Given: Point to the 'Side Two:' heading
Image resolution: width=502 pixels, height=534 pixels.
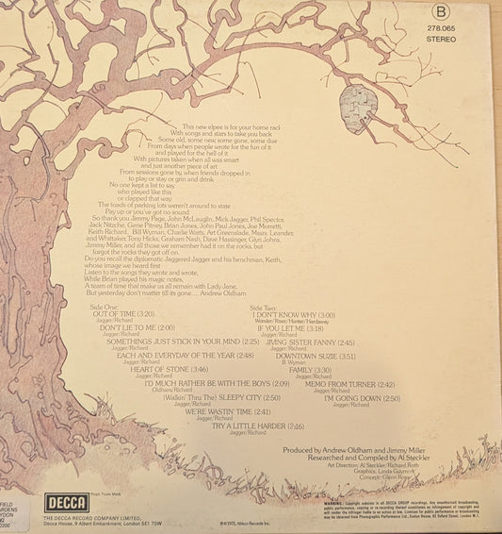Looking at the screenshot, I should (268, 282).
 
